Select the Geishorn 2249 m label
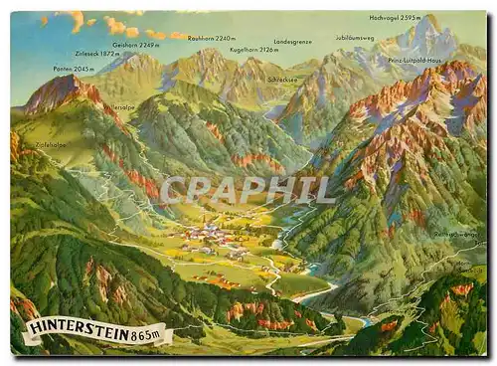coord(135,45)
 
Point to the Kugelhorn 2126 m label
coord(253,48)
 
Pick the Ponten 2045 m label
coord(74,69)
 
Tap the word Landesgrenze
coord(292,42)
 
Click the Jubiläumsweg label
coord(355,38)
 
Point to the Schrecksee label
coord(282,80)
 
